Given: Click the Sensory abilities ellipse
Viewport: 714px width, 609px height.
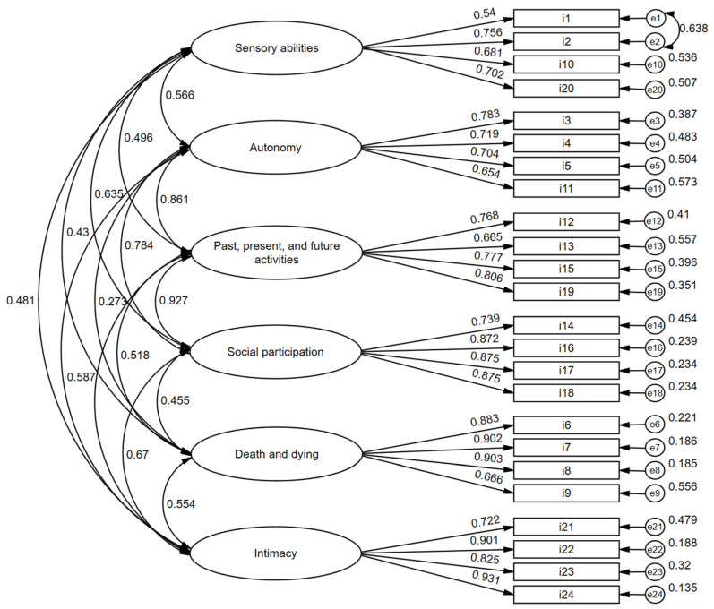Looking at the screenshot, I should pos(275,47).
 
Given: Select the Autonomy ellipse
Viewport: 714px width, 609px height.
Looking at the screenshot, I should pos(275,149).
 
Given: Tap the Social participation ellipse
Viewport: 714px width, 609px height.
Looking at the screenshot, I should pos(275,351).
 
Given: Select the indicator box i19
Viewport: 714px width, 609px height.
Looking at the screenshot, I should pos(566,291).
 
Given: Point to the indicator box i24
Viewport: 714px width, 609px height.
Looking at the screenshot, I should pos(566,594).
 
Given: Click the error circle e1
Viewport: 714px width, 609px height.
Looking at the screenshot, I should pos(656,19).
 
